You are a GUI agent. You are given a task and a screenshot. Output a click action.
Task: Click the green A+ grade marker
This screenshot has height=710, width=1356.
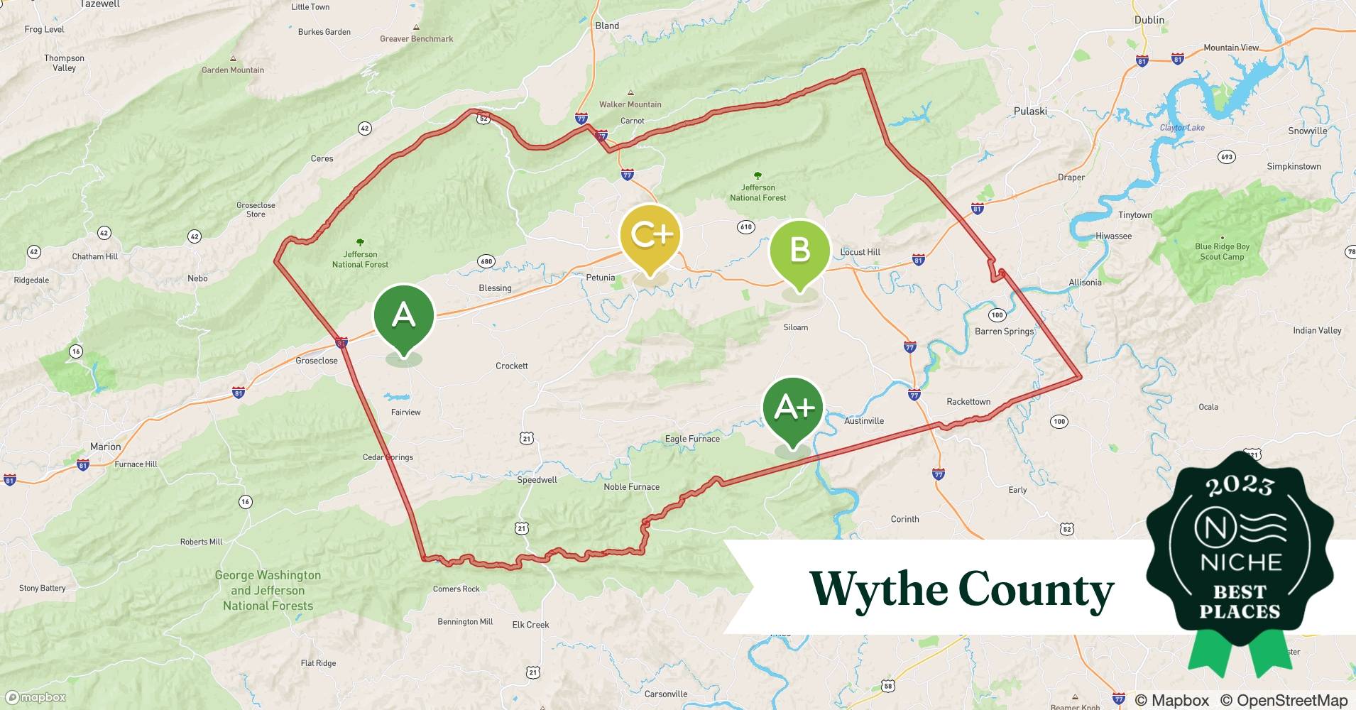(793, 408)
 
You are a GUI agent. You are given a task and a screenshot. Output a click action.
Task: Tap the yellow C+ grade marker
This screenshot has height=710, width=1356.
(650, 236)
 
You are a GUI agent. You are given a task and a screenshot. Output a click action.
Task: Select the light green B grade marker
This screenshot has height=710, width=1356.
(800, 251)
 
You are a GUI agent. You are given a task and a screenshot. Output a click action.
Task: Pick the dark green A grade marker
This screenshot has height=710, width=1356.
(403, 315)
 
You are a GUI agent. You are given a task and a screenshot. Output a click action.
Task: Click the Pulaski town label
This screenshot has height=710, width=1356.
(1030, 111)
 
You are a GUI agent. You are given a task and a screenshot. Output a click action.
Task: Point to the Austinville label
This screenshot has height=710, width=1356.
(864, 421)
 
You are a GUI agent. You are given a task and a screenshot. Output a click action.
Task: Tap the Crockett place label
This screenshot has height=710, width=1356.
(511, 366)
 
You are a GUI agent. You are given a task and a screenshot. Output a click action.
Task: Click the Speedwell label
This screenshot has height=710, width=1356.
(537, 480)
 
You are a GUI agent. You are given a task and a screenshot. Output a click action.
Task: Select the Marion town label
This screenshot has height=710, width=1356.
(105, 447)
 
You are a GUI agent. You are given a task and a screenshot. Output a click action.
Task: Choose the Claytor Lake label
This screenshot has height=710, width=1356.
(1182, 128)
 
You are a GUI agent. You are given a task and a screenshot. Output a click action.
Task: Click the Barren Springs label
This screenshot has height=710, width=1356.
(1004, 332)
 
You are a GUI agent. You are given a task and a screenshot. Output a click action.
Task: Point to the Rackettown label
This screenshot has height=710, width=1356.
(968, 402)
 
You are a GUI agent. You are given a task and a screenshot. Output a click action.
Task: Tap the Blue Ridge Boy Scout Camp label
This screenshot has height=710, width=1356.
(1222, 252)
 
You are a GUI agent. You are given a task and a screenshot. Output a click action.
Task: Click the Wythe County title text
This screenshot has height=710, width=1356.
(962, 589)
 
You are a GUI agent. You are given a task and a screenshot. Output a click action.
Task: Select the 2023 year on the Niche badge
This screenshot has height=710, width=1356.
(1240, 486)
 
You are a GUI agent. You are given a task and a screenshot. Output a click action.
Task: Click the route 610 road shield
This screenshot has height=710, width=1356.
(745, 227)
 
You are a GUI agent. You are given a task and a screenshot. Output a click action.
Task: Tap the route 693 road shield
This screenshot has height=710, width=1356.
(1226, 157)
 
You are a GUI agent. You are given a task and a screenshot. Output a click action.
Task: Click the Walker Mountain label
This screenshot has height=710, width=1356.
(630, 104)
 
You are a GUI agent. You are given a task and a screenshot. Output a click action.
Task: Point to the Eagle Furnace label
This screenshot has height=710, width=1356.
(692, 439)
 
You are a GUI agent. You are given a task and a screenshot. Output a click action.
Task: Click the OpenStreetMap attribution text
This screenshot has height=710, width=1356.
(1284, 701)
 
